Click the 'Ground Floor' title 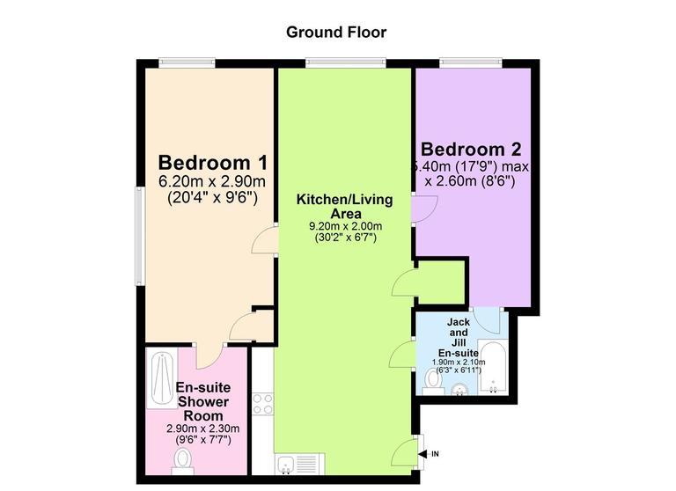click(337, 33)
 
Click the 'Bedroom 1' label click(212, 163)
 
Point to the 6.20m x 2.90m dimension click(212, 182)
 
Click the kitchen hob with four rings click(262, 404)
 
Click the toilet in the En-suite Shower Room click(183, 458)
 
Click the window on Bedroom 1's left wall click(138, 235)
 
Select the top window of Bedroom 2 click(471, 62)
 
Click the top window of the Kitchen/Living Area click(345, 62)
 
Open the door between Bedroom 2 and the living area click(422, 208)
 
